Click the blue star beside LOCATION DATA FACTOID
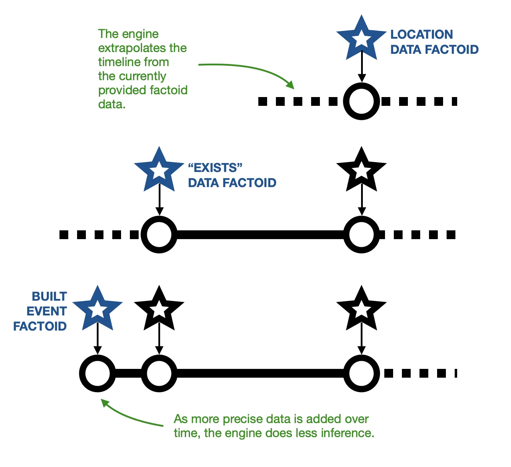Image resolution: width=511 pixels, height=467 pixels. [361, 39]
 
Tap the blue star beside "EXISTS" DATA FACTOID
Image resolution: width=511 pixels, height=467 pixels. [159, 171]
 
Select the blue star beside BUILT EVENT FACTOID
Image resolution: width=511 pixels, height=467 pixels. [97, 309]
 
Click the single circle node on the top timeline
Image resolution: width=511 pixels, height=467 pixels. [361, 101]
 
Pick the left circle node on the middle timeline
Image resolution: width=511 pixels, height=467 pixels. [159, 235]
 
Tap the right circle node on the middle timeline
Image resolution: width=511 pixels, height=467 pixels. [361, 235]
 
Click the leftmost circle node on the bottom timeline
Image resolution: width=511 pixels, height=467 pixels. [97, 373]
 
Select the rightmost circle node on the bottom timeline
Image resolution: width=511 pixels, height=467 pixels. [361, 373]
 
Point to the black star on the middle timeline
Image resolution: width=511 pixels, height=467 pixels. [361, 171]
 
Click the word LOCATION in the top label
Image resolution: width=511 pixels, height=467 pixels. [422, 34]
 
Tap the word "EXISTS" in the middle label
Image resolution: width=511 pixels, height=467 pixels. [215, 168]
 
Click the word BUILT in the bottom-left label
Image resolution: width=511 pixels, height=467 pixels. [49, 296]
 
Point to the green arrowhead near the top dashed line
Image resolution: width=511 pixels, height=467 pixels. [290, 85]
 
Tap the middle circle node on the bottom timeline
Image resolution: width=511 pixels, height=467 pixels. [159, 373]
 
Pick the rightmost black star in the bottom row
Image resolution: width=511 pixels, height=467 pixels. [361, 309]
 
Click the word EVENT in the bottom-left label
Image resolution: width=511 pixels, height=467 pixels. [46, 311]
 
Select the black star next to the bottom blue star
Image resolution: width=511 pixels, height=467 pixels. [159, 309]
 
